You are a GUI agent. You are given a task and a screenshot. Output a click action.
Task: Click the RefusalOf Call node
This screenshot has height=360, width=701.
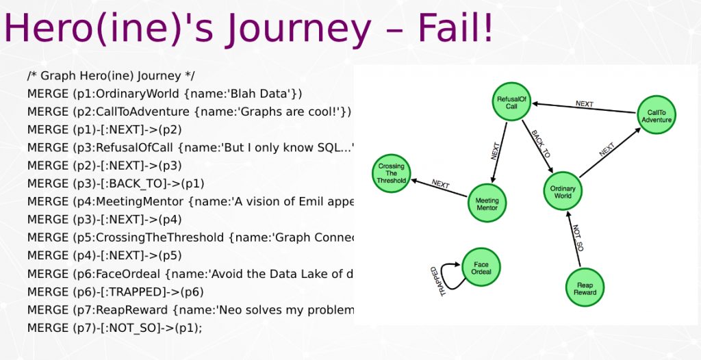(511, 103)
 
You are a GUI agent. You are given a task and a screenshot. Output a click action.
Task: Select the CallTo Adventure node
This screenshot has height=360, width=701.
(657, 116)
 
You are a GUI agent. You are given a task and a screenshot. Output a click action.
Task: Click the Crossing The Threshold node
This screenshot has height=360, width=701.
(391, 174)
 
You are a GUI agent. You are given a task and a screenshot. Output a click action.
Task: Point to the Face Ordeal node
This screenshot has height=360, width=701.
(481, 266)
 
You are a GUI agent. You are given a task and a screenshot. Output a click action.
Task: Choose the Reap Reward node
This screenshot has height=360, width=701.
(585, 288)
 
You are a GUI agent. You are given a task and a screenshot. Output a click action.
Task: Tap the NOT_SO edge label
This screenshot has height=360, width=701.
(578, 237)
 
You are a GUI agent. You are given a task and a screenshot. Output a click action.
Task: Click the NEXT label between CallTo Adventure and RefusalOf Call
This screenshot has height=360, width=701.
(584, 104)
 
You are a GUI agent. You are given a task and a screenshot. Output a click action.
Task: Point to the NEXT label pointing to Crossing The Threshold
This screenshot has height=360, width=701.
(440, 184)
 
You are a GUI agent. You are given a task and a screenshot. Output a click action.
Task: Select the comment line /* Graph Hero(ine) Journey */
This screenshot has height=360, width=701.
(112, 75)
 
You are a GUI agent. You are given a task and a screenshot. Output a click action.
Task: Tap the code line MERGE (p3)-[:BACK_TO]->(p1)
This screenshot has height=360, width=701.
(116, 183)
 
